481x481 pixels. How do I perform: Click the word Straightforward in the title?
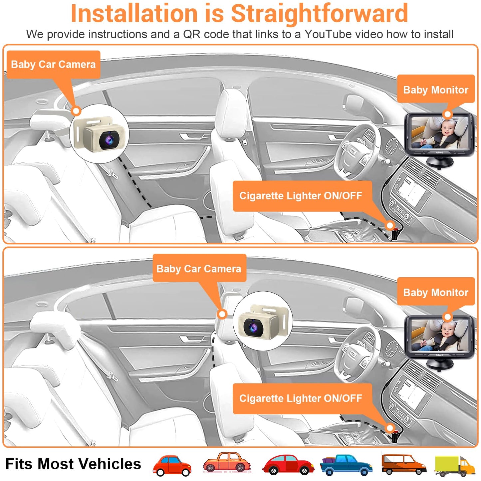[319, 13]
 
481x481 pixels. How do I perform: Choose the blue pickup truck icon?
[346, 465]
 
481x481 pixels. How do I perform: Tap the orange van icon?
[403, 464]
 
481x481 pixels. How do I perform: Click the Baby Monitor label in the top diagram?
[435, 90]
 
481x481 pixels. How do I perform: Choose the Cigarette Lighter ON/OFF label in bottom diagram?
[301, 398]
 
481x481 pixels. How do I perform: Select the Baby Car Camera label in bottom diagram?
[199, 269]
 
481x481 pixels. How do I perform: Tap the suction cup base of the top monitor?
[439, 161]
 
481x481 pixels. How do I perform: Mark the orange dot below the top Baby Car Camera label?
[76, 111]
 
